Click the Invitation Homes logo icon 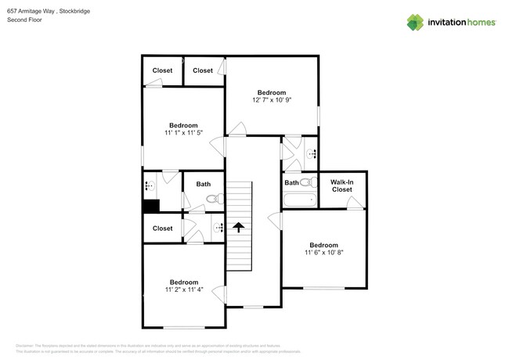click(x=416, y=22)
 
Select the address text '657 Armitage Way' click(x=31, y=10)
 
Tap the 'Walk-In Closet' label click(x=341, y=185)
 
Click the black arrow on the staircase click(x=236, y=227)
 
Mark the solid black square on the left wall click(x=150, y=206)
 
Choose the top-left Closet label click(x=162, y=70)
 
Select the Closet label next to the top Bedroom click(x=203, y=70)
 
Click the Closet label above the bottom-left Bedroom click(x=162, y=229)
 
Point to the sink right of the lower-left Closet click(x=218, y=228)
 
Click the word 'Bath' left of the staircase click(x=204, y=185)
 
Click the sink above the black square click(x=149, y=186)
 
